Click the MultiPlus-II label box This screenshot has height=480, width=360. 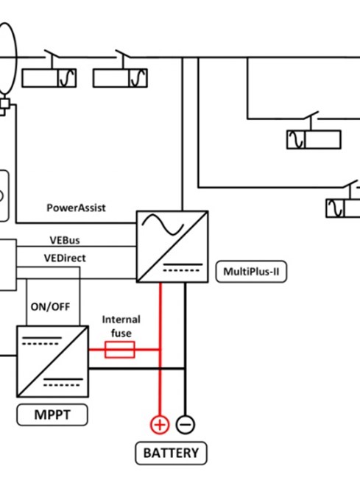(251, 272)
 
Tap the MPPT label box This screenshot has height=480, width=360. (52, 414)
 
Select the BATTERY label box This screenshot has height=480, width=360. (171, 453)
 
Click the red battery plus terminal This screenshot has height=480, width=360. (160, 425)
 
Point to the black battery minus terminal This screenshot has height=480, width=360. (186, 425)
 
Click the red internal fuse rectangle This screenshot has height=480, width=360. (120, 350)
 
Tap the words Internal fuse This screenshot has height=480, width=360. (121, 326)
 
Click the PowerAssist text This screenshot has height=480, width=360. (77, 208)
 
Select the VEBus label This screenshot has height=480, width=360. (65, 240)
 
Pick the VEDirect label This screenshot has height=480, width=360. (65, 258)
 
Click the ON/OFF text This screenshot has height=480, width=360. (51, 306)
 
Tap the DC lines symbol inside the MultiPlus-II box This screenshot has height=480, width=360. (183, 267)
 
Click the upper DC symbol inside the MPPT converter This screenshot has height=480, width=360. (42, 341)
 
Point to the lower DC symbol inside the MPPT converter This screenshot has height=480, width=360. (63, 382)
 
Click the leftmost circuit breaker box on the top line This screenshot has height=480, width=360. (49, 78)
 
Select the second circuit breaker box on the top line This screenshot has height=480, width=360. (120, 78)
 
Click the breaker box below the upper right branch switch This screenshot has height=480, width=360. (314, 140)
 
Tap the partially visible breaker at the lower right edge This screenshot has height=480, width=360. (343, 208)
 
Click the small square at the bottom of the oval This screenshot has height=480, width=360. (4, 104)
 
